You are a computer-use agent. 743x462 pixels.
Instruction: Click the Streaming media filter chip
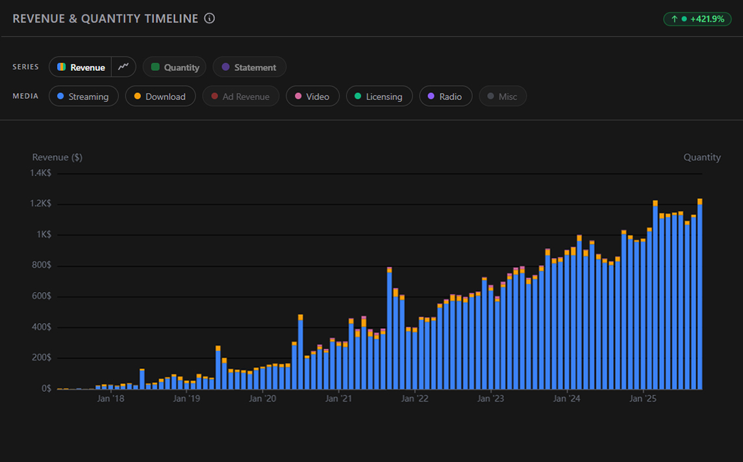click(x=83, y=97)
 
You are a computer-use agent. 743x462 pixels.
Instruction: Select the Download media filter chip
click(x=160, y=97)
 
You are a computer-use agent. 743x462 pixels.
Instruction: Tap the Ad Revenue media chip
click(x=240, y=97)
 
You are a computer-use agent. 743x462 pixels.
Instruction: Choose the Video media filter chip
click(x=312, y=97)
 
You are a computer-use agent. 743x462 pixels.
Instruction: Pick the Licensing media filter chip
click(x=379, y=97)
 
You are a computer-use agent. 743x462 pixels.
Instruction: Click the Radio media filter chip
click(x=445, y=97)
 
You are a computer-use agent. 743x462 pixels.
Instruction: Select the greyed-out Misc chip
click(x=502, y=97)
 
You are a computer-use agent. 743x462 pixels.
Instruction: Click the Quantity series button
click(x=175, y=67)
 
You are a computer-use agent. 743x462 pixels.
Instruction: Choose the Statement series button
click(x=249, y=67)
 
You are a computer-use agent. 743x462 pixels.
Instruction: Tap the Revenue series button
click(x=81, y=67)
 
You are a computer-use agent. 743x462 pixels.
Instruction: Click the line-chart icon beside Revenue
click(x=123, y=67)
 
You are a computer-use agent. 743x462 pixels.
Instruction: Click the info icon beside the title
click(x=209, y=18)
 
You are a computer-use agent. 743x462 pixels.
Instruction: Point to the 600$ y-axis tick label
click(x=42, y=296)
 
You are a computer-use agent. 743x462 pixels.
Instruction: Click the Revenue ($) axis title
click(x=57, y=157)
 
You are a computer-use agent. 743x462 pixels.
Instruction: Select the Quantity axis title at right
click(x=701, y=157)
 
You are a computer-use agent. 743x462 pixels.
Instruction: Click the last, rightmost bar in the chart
click(x=699, y=296)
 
